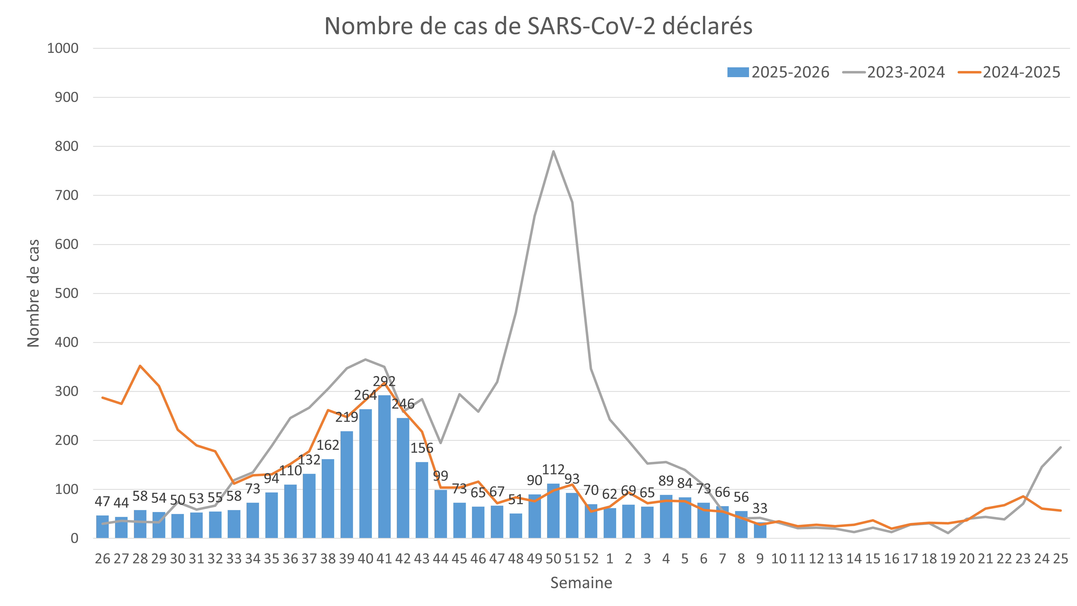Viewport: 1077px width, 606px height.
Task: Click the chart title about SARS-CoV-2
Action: pos(538,26)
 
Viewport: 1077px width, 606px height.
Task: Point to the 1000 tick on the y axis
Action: pos(63,48)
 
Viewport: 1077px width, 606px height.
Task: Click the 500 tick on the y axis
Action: pos(67,294)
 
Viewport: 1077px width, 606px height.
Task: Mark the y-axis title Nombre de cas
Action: pos(34,293)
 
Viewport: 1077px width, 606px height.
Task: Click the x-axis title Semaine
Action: pos(581,582)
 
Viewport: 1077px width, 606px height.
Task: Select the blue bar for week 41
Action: pos(384,466)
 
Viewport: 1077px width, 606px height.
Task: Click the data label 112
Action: pos(553,470)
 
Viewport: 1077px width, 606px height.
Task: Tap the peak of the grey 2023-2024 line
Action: pos(553,151)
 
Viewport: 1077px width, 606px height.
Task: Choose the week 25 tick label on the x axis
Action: pos(1061,559)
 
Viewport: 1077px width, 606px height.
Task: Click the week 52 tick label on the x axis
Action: pos(591,559)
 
